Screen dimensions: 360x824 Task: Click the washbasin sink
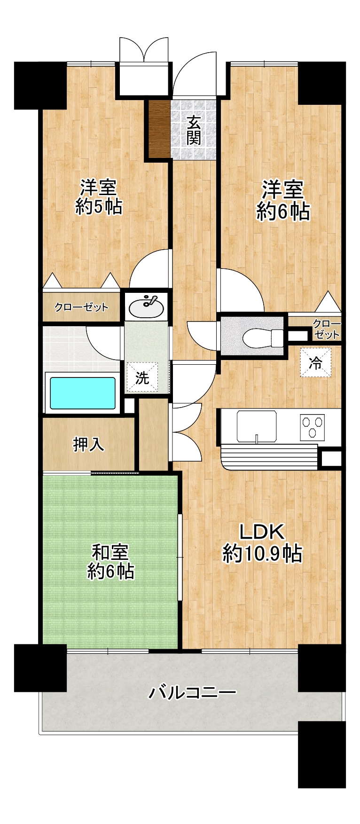(146, 307)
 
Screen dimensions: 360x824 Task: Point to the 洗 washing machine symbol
(142, 377)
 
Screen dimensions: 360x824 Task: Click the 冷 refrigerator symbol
(315, 362)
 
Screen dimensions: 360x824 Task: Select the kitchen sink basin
(257, 426)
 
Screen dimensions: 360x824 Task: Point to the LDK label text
(262, 532)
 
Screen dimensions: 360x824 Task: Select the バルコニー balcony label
(193, 692)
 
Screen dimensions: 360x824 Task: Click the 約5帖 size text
(99, 207)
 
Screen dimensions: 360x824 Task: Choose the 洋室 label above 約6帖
(282, 190)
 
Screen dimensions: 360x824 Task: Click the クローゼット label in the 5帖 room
(81, 307)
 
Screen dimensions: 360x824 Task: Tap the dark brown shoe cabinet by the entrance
(159, 129)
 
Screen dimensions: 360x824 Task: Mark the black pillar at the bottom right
(322, 754)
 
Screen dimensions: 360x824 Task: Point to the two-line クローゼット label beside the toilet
(326, 330)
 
